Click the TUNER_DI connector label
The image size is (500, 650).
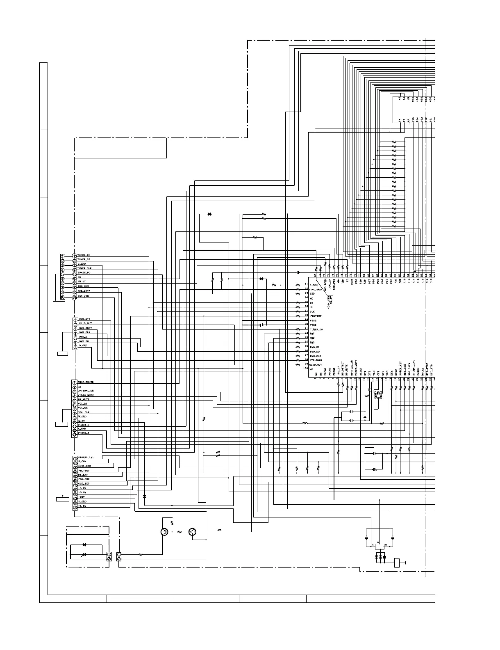click(84, 255)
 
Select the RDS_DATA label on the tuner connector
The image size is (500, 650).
click(84, 291)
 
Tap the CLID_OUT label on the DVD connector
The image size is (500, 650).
click(85, 323)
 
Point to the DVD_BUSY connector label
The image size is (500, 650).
click(85, 328)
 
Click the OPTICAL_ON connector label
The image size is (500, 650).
click(86, 391)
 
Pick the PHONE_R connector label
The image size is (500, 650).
click(84, 433)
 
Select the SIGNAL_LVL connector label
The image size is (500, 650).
click(86, 457)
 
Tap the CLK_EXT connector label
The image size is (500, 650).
click(84, 483)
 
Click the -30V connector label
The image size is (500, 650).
click(82, 497)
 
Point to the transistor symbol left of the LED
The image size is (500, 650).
click(165, 532)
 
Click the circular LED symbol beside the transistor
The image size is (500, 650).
click(193, 532)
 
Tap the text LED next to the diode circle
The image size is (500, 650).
click(219, 531)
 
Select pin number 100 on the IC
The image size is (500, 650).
click(305, 368)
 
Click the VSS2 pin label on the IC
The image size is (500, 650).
click(313, 320)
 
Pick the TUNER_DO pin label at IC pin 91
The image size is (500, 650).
click(316, 330)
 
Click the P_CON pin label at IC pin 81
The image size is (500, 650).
click(314, 285)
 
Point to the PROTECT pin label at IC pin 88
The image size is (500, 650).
click(316, 316)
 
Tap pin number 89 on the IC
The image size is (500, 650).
click(306, 320)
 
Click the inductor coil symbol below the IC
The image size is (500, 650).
click(305, 423)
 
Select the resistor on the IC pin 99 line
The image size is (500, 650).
click(298, 364)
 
